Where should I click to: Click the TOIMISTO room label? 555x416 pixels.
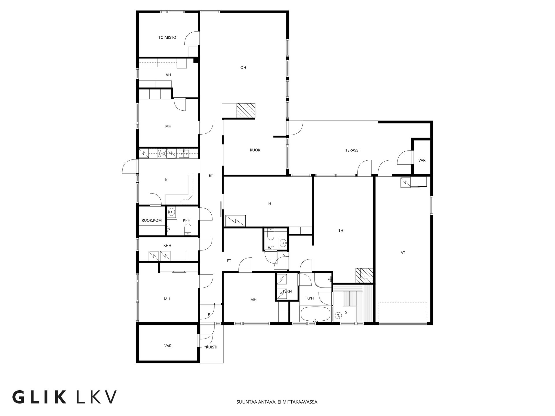point(167,38)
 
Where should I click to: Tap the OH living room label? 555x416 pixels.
point(243,68)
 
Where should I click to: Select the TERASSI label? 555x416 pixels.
point(352,150)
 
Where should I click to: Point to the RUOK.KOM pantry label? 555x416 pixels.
point(151,220)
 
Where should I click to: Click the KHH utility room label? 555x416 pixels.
point(167,246)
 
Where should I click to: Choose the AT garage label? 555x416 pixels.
point(403,253)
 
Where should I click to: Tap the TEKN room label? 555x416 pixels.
point(287,291)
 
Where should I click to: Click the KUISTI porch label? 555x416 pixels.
point(212,347)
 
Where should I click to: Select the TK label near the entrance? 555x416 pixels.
point(208,314)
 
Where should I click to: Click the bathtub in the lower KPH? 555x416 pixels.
point(315,314)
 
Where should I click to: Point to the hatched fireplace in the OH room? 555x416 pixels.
point(246,110)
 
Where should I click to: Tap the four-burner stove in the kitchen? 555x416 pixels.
point(162,153)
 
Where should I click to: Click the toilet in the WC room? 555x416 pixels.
point(271,235)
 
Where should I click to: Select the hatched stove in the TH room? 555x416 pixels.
point(364,276)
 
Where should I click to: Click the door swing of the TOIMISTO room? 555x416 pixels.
point(192,38)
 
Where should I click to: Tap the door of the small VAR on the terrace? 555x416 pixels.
point(404,158)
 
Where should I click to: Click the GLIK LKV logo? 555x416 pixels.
point(64,397)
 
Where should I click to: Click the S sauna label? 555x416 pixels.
point(346,312)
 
